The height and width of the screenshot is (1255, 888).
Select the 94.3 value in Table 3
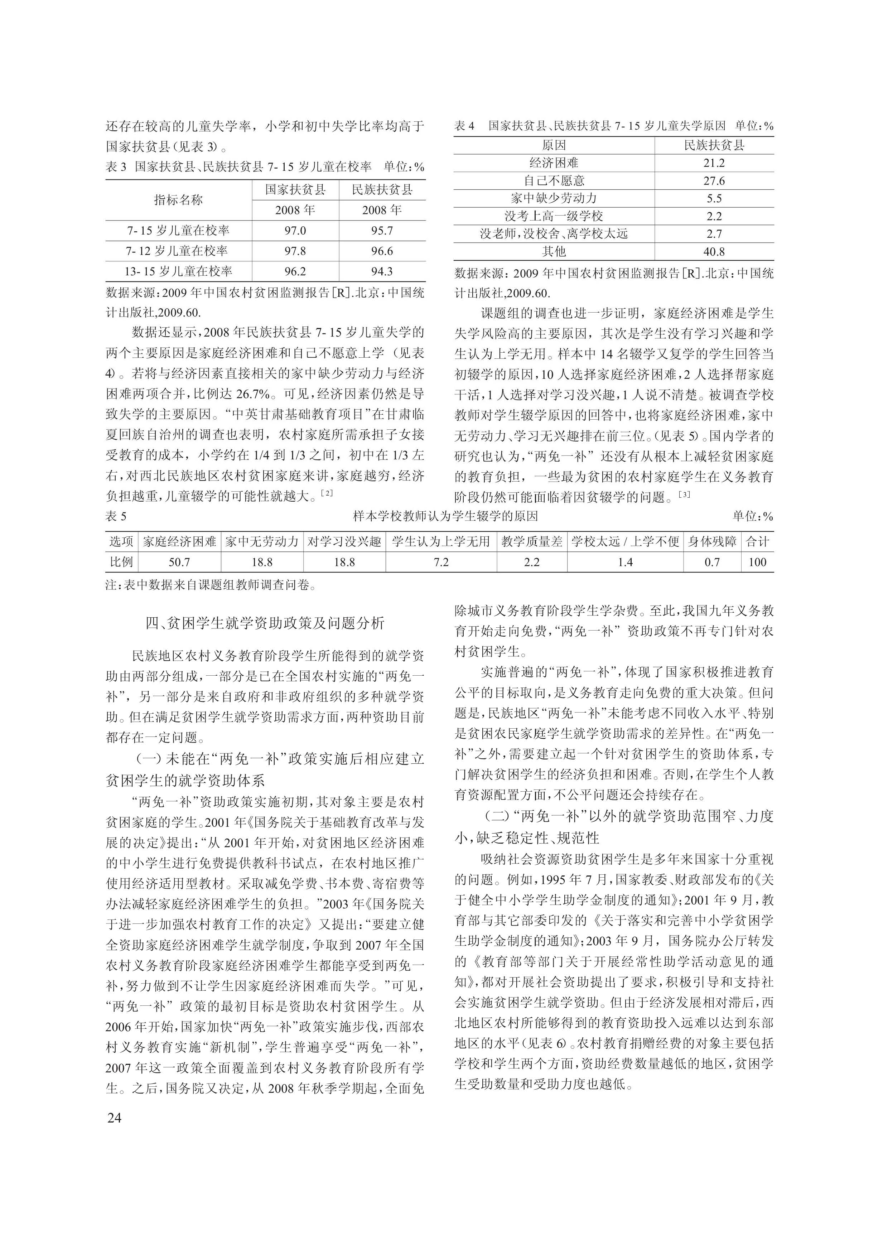pyautogui.click(x=382, y=272)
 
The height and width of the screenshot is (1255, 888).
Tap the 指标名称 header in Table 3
pyautogui.click(x=178, y=200)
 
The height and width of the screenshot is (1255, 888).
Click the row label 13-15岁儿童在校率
pyautogui.click(x=178, y=272)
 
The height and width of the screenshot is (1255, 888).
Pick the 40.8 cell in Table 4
pyautogui.click(x=714, y=252)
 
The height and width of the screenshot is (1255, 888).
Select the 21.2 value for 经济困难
pyautogui.click(x=714, y=163)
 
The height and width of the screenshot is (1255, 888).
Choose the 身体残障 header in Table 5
pyautogui.click(x=712, y=542)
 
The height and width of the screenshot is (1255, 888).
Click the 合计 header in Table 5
pyautogui.click(x=757, y=542)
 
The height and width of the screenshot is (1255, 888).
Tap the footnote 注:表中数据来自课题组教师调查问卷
pyautogui.click(x=211, y=585)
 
